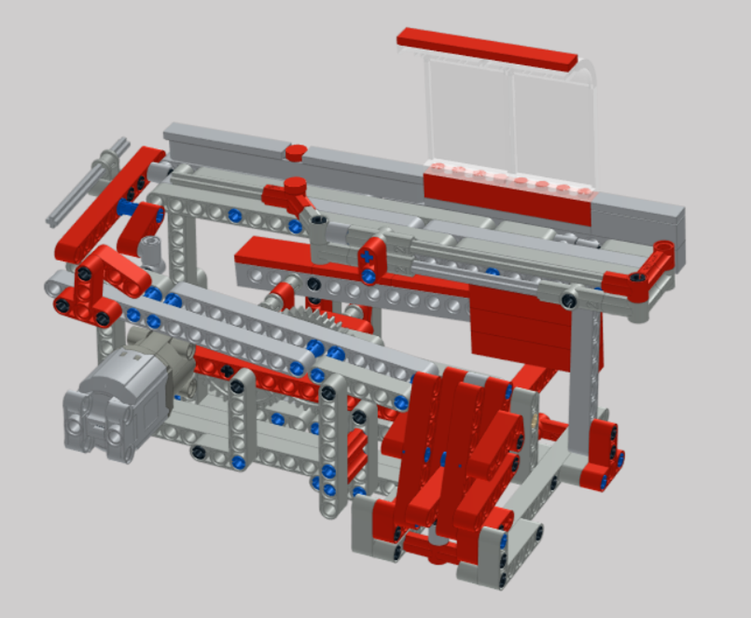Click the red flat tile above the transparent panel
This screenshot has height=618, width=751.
coord(487,49)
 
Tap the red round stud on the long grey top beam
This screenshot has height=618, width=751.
coord(295,151)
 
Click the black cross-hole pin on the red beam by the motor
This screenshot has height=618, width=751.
coord(227,372)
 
